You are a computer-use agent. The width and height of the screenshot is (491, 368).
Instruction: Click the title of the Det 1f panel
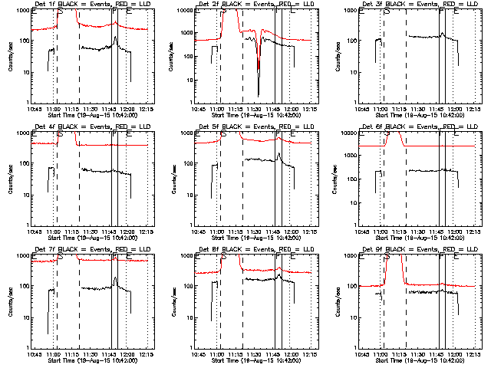pyautogui.click(x=86, y=4)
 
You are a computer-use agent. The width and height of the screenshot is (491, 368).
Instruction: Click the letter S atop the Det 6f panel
pyautogui.click(x=387, y=134)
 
